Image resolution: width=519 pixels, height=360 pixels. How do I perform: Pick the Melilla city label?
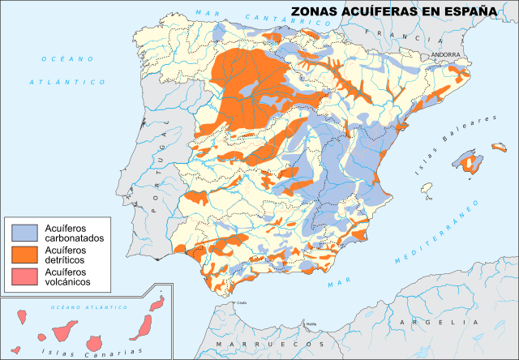(311, 324)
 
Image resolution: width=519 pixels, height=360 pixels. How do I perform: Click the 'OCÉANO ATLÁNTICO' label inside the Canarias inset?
(89, 308)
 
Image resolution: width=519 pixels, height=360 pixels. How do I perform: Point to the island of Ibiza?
(426, 188)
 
